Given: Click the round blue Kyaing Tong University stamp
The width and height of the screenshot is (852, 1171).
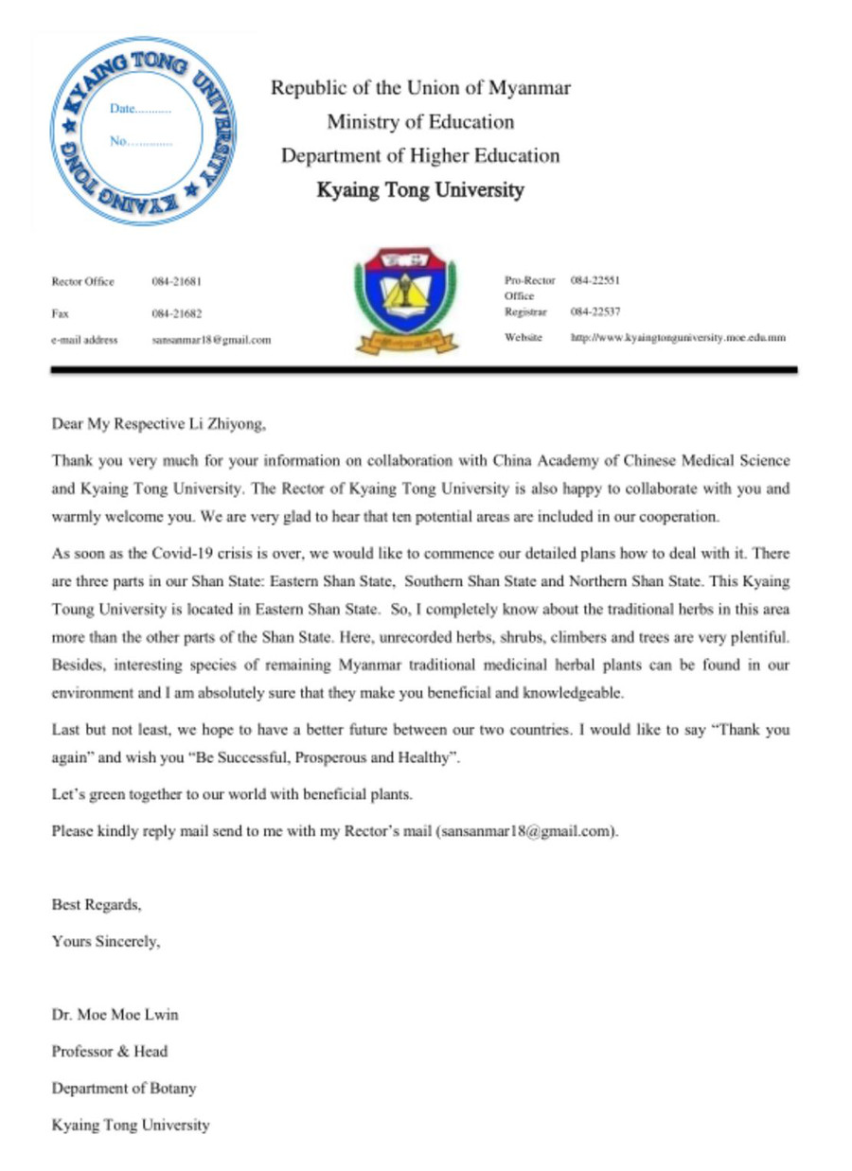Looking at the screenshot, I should (142, 131).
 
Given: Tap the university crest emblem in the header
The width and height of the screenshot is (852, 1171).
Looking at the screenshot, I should (405, 302).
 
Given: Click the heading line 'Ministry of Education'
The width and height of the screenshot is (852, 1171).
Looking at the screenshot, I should (420, 122).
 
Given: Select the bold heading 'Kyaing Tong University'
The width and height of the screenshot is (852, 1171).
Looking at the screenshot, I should (420, 190).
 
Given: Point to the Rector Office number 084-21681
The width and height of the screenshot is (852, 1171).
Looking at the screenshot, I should (177, 281).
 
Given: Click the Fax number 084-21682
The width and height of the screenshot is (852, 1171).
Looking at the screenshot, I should (177, 312).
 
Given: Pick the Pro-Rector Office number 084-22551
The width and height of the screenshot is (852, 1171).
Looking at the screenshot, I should (595, 280).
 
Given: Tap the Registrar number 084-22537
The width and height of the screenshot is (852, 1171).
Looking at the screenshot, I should (595, 310).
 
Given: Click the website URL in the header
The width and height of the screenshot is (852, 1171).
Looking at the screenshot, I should (678, 337).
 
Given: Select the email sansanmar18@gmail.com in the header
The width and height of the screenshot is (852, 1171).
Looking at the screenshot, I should (211, 339).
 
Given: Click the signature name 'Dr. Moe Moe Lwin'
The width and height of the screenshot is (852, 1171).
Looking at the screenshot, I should (115, 1015).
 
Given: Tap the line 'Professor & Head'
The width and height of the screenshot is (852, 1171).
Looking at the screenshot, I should (110, 1051).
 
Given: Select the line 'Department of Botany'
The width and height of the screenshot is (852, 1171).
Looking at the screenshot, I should (124, 1088).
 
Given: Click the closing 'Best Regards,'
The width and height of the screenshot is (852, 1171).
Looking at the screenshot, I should (97, 905).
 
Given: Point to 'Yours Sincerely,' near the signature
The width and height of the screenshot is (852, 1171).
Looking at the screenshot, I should (106, 941).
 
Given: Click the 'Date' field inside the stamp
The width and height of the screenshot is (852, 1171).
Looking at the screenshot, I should (140, 109).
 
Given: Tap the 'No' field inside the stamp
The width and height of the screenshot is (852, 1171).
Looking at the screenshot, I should (140, 144).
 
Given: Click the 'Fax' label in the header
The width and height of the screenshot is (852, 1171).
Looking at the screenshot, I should (60, 312).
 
